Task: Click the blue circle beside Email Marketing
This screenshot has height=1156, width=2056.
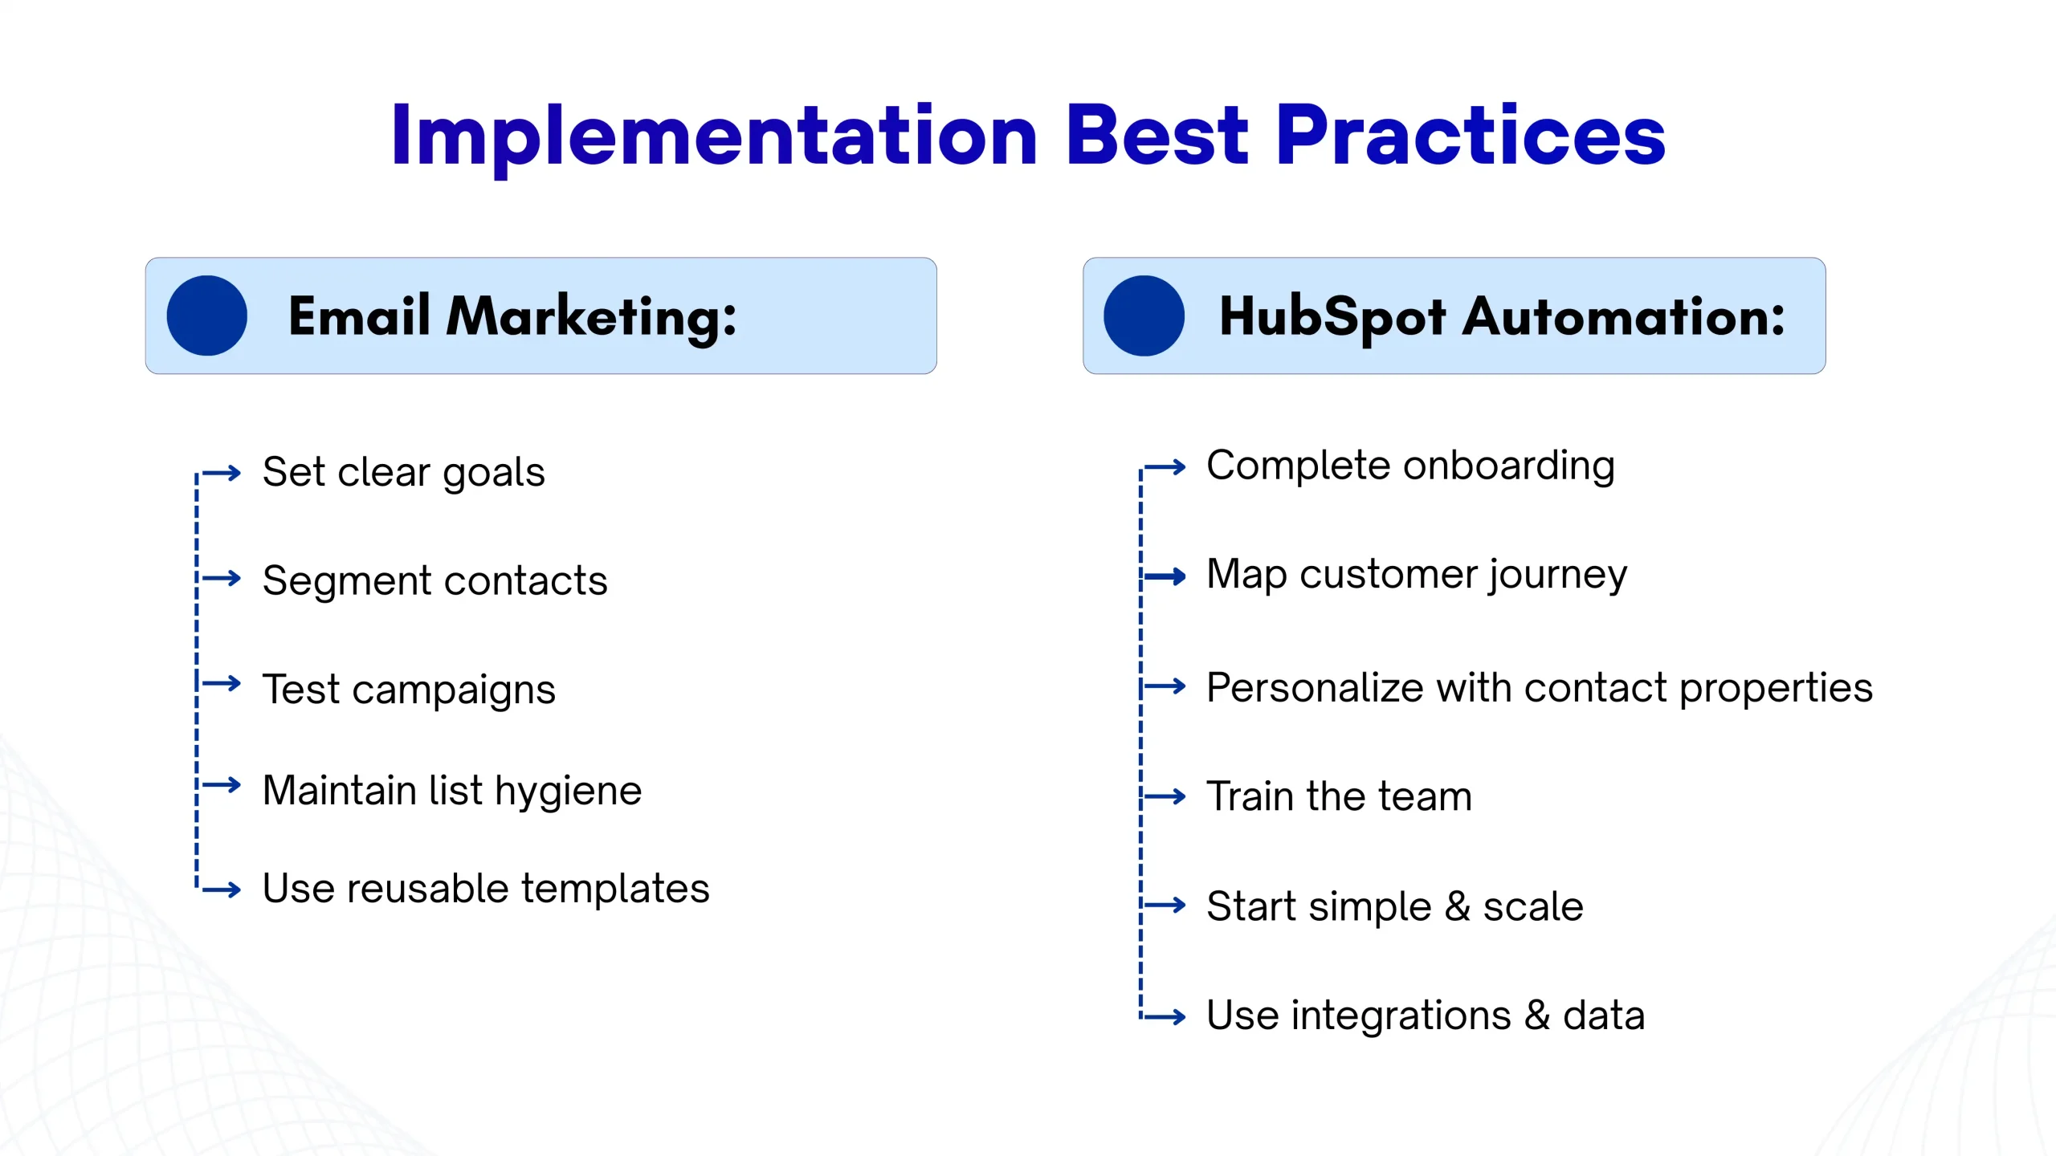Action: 207,315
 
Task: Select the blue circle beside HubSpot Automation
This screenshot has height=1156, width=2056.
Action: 1144,315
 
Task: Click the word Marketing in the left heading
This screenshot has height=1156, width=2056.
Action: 591,317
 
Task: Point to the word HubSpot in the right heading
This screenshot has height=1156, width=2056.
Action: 1333,317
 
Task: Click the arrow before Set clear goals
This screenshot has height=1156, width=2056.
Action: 222,473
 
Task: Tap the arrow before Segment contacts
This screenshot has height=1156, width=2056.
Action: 222,578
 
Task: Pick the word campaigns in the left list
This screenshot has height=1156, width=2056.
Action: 454,692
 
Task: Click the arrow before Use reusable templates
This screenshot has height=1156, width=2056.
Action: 222,889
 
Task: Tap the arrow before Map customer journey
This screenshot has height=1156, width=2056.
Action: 1165,576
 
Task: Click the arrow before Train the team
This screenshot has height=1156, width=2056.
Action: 1165,796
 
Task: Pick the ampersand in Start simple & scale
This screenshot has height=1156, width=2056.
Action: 1458,907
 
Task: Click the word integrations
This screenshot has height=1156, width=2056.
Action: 1401,1017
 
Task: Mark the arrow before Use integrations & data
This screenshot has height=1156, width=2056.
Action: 1165,1017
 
